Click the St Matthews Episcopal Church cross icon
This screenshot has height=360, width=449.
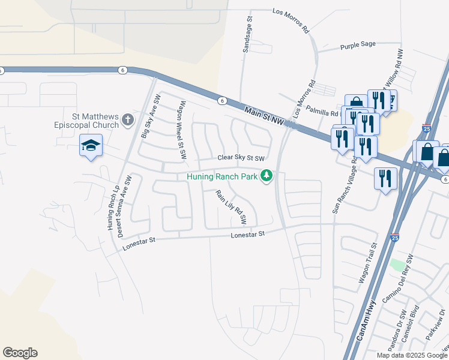(x=127, y=121)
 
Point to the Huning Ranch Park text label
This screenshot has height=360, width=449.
(x=221, y=176)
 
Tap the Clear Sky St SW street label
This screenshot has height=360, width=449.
(x=241, y=158)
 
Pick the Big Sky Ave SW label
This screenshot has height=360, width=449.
(x=151, y=116)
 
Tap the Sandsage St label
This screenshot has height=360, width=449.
(x=247, y=34)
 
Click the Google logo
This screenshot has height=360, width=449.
(x=20, y=353)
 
